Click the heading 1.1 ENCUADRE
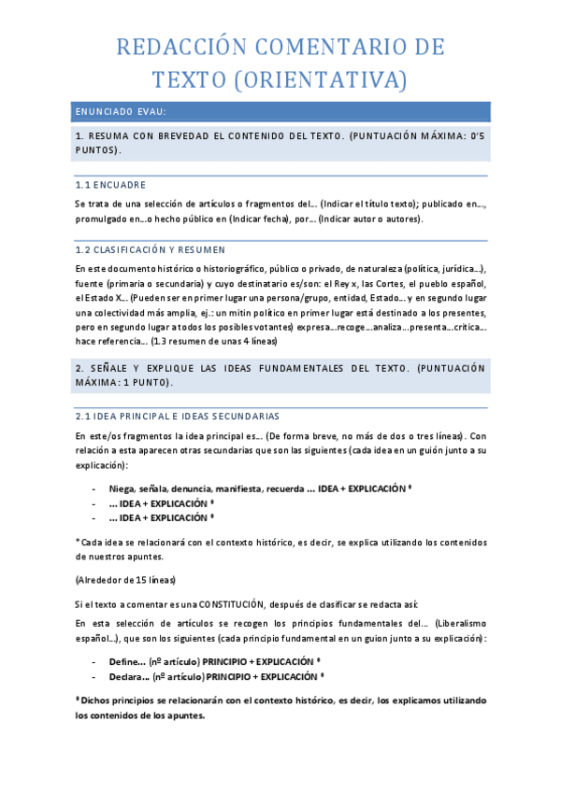(x=110, y=185)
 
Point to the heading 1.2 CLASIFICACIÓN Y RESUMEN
(x=150, y=250)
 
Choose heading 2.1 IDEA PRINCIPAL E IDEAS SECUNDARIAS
(x=176, y=416)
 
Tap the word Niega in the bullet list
(x=122, y=488)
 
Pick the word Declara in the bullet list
(x=128, y=675)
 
